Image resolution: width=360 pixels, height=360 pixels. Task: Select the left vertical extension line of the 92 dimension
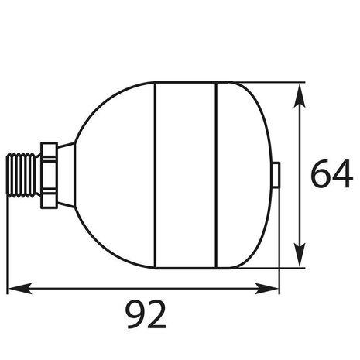pos(8,248)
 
